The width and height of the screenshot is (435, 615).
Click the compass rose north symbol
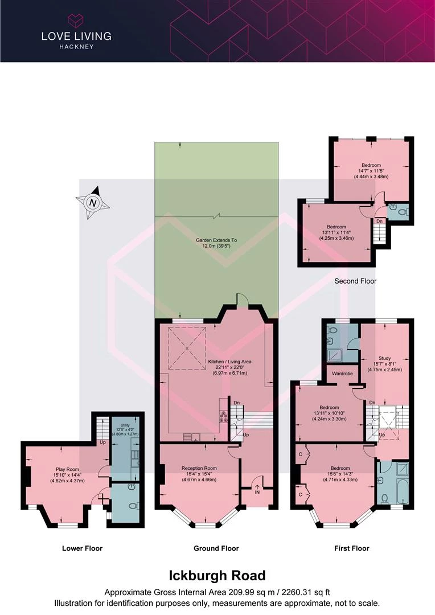[93, 203]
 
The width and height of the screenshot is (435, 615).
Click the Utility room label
[125, 425]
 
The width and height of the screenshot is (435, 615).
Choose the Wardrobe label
[342, 374]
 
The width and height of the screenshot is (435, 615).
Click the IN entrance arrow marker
[257, 489]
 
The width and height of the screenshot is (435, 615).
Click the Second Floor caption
[355, 281]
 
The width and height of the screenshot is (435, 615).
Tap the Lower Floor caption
[82, 548]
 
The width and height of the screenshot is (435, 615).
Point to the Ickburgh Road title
[217, 575]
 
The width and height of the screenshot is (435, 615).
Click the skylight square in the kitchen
[187, 348]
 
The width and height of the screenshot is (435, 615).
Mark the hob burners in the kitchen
[224, 416]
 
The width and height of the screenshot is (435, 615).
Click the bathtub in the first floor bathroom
[403, 491]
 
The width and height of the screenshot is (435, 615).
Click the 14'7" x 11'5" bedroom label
[371, 171]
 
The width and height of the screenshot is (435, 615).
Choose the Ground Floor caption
[216, 548]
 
